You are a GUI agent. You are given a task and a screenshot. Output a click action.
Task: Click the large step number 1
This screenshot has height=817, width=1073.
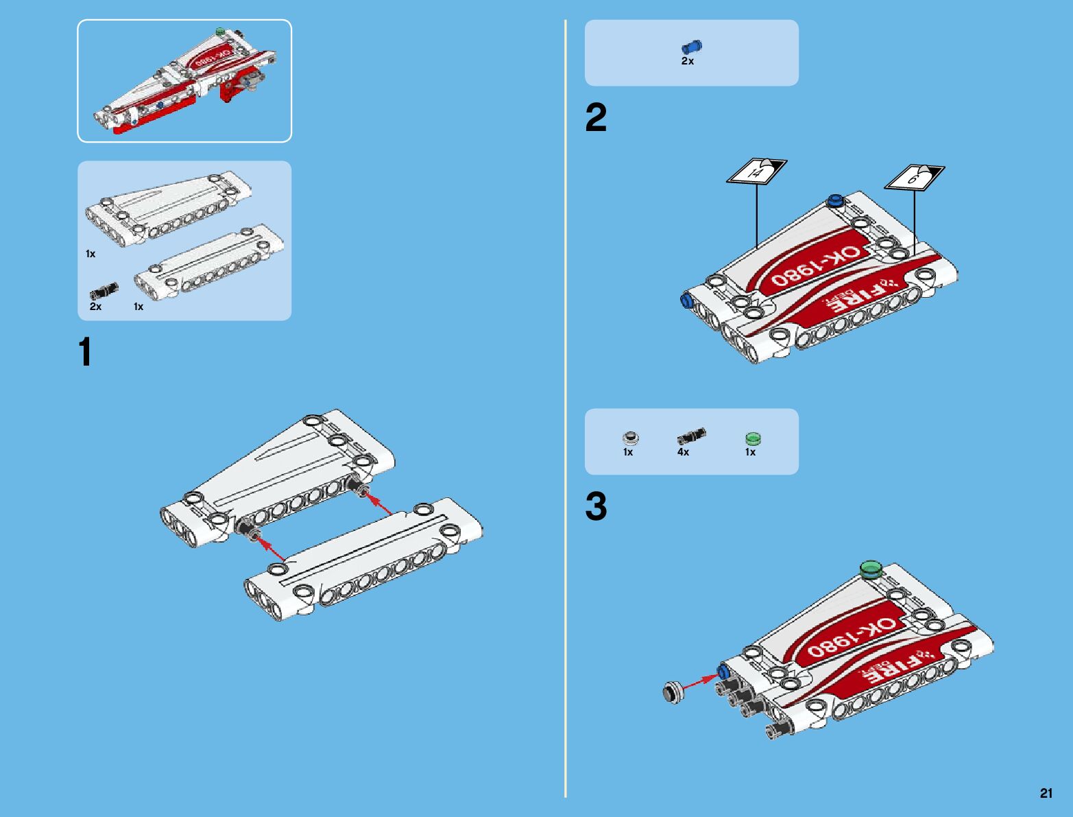[x=86, y=353]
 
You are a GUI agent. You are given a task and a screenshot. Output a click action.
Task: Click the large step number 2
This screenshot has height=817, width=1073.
[x=596, y=118]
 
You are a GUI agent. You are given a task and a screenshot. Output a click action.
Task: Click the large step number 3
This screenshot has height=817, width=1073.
[x=596, y=507]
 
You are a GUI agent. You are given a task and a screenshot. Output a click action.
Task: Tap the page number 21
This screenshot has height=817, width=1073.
[x=1046, y=794]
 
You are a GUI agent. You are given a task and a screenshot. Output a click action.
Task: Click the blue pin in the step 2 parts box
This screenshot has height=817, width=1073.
[x=691, y=47]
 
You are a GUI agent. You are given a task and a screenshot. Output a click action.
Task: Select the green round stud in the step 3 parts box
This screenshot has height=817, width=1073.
[x=753, y=438]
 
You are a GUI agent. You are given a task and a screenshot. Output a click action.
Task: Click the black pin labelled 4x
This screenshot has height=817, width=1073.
[x=691, y=436]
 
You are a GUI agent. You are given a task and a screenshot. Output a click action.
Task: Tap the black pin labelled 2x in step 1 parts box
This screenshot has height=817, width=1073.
[x=104, y=290]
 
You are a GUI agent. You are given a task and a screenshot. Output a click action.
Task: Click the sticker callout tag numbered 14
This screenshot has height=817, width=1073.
[x=756, y=171]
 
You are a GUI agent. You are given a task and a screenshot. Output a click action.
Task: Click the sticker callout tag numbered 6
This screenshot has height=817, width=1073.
[x=914, y=178]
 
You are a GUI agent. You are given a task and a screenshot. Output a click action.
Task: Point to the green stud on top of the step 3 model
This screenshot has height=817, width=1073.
[x=871, y=569]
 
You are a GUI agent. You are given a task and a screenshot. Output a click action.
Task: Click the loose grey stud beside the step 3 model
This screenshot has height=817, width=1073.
[x=674, y=690]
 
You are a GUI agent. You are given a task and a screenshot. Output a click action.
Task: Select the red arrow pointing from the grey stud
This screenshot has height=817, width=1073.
[x=701, y=680]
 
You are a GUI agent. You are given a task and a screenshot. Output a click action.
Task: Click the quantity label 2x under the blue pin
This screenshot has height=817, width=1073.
[x=687, y=62]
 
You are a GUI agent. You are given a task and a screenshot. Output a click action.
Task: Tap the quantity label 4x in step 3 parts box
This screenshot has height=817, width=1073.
[x=683, y=453]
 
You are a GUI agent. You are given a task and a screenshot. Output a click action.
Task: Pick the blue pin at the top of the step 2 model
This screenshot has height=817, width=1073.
[x=835, y=200]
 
